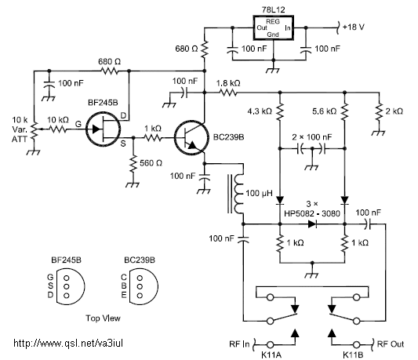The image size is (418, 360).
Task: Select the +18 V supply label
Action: tap(354, 27)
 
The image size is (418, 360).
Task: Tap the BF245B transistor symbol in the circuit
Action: tap(104, 129)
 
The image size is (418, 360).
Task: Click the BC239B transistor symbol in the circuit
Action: tap(191, 138)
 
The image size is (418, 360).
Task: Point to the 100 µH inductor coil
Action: tap(239, 193)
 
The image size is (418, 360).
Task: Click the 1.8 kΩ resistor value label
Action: tap(228, 83)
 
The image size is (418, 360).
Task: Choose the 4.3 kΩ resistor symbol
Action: tap(280, 111)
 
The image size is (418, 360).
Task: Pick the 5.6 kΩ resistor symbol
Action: tap(345, 111)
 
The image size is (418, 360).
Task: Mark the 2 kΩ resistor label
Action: tap(394, 111)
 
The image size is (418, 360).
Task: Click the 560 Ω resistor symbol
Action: tap(133, 162)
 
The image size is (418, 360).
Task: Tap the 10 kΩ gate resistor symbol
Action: tap(58, 129)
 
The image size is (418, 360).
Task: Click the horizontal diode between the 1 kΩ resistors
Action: tap(312, 224)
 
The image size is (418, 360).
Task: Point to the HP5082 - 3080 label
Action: tap(312, 213)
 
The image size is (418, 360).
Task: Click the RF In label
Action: tap(239, 344)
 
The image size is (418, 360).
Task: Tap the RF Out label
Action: tap(391, 344)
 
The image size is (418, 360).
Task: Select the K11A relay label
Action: tap(271, 355)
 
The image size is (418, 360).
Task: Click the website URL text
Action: tap(68, 343)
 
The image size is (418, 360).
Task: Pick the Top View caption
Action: tap(103, 318)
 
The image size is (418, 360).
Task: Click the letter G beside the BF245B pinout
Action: tap(50, 278)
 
